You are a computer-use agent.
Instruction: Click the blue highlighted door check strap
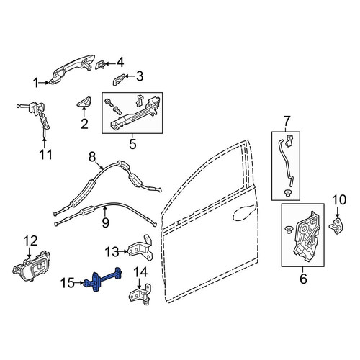point(104,279)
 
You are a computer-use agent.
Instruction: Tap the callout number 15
point(68,283)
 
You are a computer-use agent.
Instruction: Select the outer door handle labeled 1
point(72,70)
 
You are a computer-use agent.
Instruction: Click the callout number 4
point(120,63)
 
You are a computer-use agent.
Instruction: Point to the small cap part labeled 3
point(119,79)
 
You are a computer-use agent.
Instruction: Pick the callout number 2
point(84,124)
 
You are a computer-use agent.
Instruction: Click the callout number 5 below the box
point(132,144)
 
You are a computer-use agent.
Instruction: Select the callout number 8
point(92,157)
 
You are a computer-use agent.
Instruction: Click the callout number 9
point(106,222)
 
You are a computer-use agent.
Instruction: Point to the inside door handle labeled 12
point(31,266)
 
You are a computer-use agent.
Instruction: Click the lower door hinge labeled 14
point(140,294)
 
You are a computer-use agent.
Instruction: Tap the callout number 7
point(287,121)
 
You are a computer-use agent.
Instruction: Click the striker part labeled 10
point(336,225)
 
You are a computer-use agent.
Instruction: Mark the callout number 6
point(303,279)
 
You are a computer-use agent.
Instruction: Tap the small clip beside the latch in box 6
point(287,229)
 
